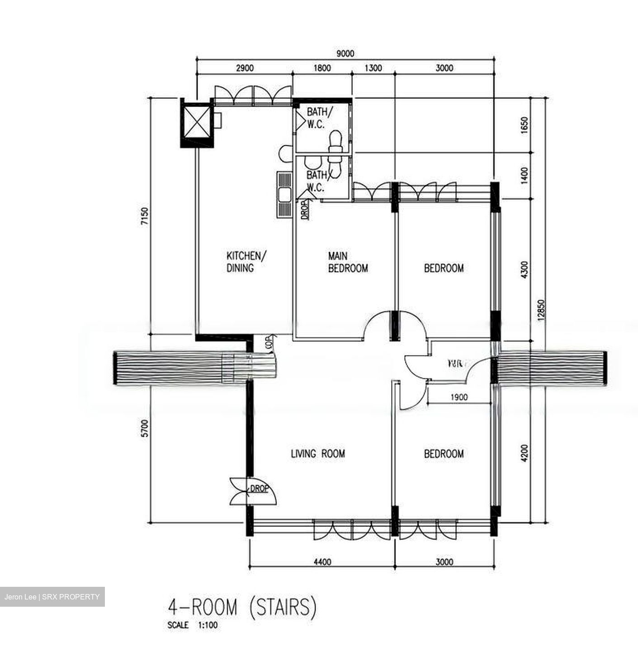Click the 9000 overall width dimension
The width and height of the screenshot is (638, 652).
(345, 53)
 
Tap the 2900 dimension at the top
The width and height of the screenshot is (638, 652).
(245, 68)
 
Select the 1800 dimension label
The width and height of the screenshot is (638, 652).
(322, 68)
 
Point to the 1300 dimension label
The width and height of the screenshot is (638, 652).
(373, 68)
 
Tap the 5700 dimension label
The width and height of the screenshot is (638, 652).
(144, 428)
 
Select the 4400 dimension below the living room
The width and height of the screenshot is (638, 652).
(322, 562)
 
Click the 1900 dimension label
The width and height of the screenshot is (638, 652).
(459, 397)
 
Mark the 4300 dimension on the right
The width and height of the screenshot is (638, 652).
(524, 269)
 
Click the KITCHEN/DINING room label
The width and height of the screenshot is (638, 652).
(246, 261)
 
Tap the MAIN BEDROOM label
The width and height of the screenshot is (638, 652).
(348, 262)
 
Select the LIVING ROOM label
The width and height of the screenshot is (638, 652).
(317, 453)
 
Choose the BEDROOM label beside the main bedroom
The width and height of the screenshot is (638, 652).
(444, 268)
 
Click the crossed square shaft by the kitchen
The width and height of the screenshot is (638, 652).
(196, 122)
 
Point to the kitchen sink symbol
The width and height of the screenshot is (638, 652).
(285, 195)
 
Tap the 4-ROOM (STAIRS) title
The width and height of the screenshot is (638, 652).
(241, 607)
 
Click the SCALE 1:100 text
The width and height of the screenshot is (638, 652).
(193, 626)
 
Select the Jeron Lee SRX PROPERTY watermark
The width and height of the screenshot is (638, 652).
(52, 597)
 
